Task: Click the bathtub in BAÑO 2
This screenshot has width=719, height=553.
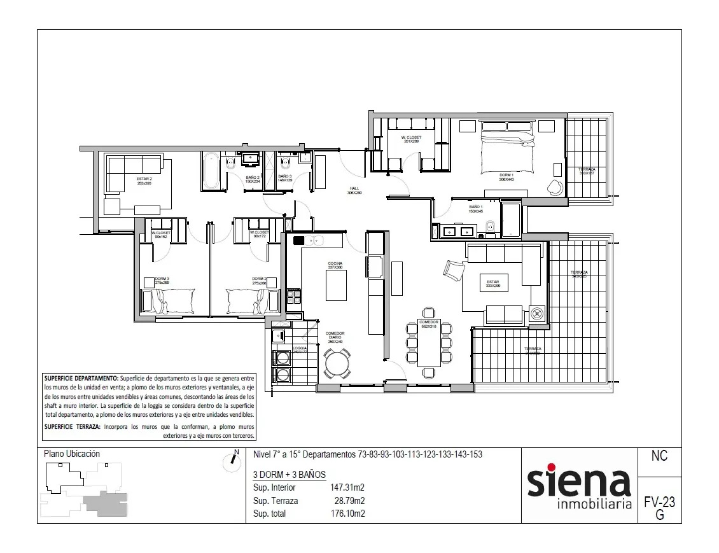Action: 211,171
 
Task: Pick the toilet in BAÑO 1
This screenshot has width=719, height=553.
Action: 491,227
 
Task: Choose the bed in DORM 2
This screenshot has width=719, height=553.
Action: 253,299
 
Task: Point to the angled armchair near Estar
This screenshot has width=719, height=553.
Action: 454,270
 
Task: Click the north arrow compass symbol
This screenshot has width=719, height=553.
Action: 232,461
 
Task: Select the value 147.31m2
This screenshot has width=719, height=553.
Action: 347,488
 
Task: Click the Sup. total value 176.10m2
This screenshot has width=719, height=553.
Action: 347,514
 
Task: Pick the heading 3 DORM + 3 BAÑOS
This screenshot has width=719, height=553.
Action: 289,475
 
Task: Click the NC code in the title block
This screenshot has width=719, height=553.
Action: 659,457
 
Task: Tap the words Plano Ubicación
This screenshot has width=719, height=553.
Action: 72,454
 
